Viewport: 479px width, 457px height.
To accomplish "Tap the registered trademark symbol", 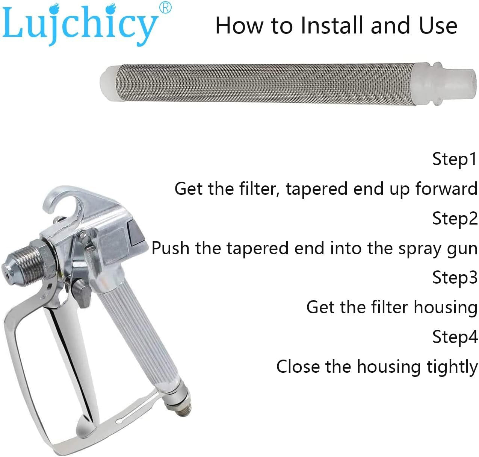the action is (165, 8).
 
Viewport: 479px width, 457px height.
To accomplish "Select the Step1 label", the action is (454, 159).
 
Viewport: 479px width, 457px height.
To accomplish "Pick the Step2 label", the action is (455, 219).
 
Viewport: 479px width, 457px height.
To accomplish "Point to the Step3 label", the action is (455, 278).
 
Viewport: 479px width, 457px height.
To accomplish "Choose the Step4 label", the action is (455, 337).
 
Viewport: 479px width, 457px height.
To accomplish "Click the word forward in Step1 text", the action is (446, 188).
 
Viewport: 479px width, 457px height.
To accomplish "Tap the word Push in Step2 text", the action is (170, 248).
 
